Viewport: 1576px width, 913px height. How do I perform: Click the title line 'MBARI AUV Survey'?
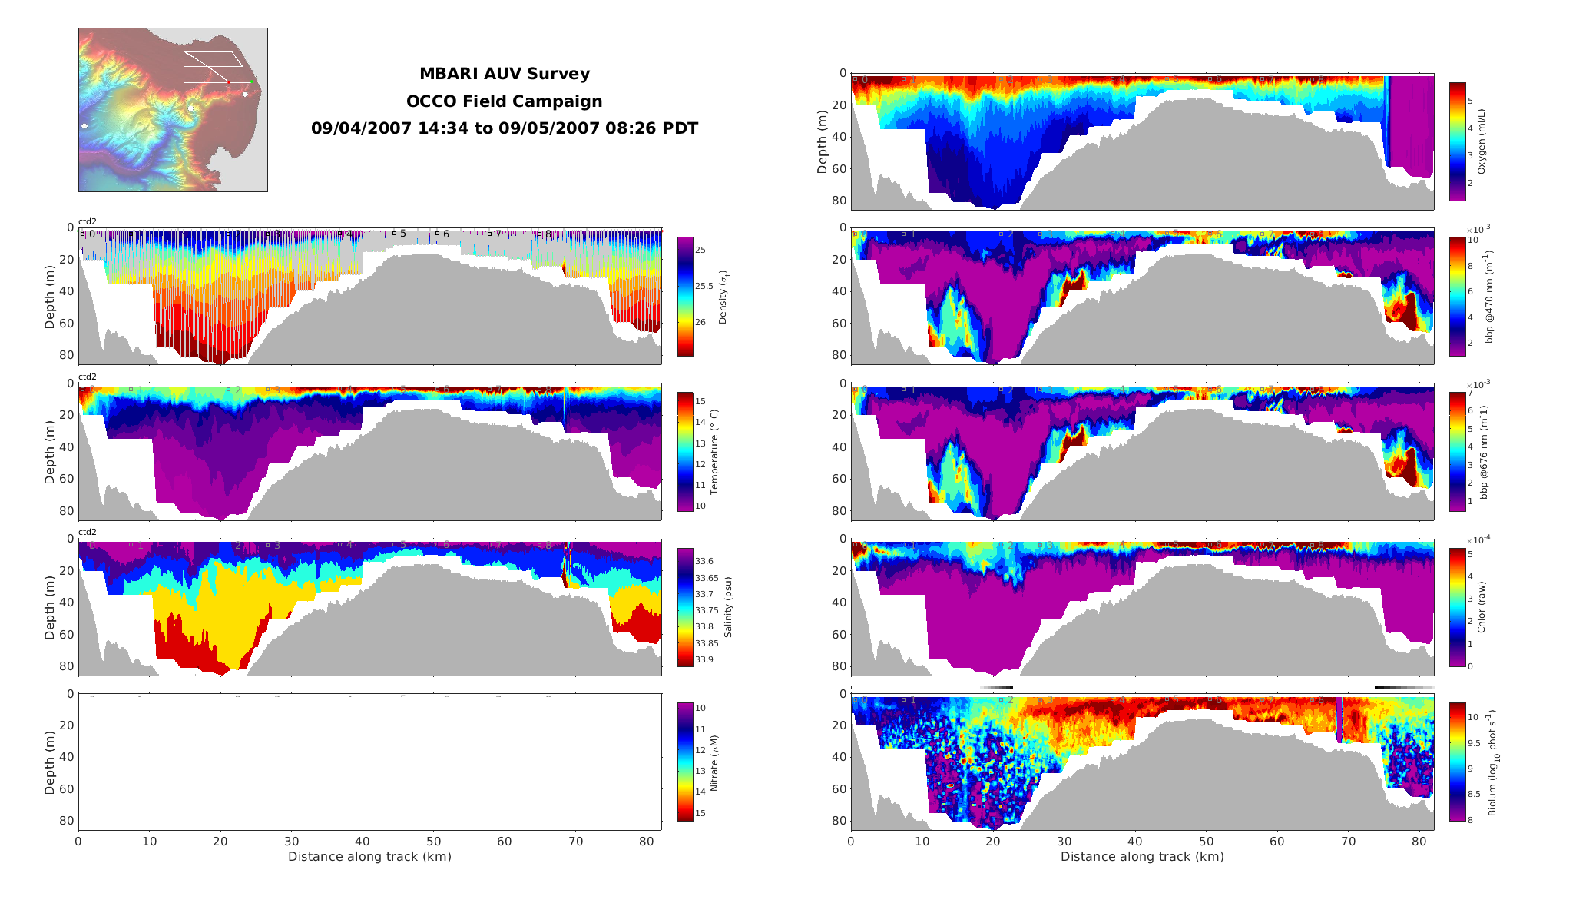tap(504, 75)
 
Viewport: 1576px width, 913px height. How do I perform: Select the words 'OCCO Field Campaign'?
tap(504, 101)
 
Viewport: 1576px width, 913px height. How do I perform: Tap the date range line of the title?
tap(504, 128)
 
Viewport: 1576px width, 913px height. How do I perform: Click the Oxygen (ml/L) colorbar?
tap(1457, 141)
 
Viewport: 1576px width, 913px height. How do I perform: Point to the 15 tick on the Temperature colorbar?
tap(700, 401)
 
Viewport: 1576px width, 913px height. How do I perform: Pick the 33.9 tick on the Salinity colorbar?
tap(704, 659)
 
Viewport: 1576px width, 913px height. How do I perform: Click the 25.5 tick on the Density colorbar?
tap(704, 286)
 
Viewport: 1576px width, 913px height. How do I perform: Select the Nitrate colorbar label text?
tap(714, 762)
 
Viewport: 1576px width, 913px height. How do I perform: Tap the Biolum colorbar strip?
tap(1457, 761)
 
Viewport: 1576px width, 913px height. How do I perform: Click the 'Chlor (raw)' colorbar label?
tap(1482, 607)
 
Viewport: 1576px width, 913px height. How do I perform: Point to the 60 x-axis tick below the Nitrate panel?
tap(505, 842)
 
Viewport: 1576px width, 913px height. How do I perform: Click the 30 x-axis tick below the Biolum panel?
tap(1064, 842)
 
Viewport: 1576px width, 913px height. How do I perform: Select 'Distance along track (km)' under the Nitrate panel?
tap(369, 857)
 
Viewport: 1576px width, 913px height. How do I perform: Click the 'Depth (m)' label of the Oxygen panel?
tap(823, 141)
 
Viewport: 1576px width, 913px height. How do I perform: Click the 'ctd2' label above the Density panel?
tap(88, 222)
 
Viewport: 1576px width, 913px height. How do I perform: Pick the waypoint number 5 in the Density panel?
tap(402, 234)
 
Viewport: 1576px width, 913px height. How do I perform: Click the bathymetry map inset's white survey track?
tap(212, 67)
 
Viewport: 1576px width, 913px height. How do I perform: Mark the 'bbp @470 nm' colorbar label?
tap(1489, 297)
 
